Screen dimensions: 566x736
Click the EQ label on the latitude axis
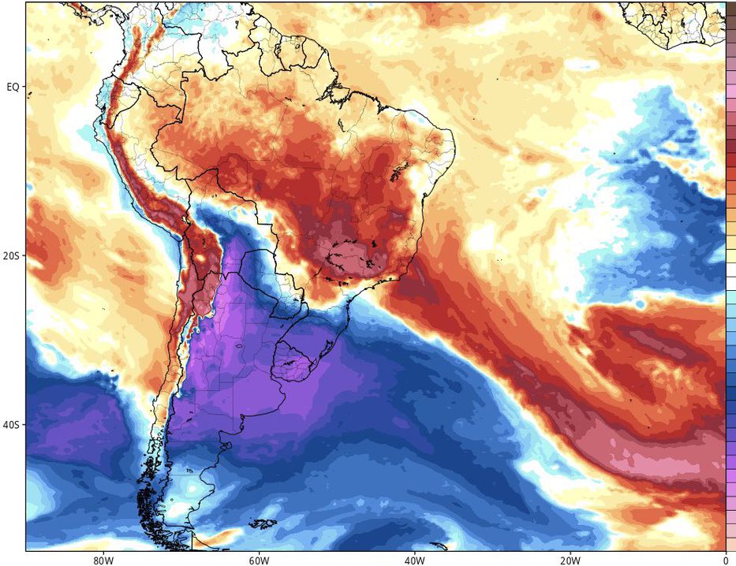point(13,87)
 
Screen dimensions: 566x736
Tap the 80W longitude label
point(100,560)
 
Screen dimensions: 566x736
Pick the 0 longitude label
point(723,560)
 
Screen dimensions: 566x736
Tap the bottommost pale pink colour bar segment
point(730,544)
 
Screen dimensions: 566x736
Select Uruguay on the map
point(295,359)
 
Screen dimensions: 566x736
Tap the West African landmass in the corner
point(678,20)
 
